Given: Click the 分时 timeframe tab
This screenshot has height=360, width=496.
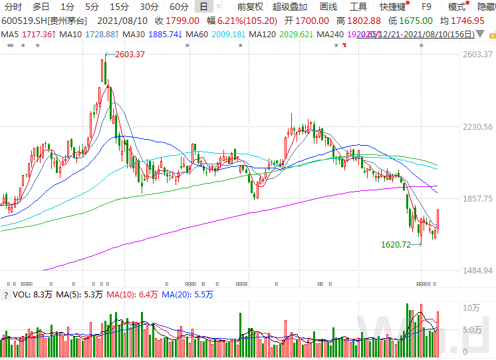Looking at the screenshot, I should [x=13, y=7].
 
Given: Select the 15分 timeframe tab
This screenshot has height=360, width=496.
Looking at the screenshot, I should [x=120, y=7].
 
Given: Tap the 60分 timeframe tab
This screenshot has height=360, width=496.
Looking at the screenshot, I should [x=179, y=7].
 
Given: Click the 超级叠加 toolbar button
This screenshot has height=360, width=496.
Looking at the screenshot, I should [x=290, y=7].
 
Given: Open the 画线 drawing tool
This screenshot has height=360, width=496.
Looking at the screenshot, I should [x=328, y=7].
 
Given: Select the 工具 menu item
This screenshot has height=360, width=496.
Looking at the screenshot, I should [x=358, y=7].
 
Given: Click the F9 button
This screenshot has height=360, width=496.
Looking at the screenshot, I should [x=427, y=7].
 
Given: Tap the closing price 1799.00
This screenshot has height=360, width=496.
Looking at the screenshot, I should [x=184, y=21].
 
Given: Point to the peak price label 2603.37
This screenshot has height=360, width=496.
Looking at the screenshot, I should [x=130, y=54].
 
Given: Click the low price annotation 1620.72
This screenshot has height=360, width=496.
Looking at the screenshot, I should [x=396, y=245].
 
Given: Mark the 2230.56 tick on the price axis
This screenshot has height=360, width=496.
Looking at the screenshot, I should [x=478, y=126].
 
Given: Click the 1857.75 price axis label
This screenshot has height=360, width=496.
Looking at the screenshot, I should [x=478, y=199].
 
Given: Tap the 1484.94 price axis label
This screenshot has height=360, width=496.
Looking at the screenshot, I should [x=478, y=271].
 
